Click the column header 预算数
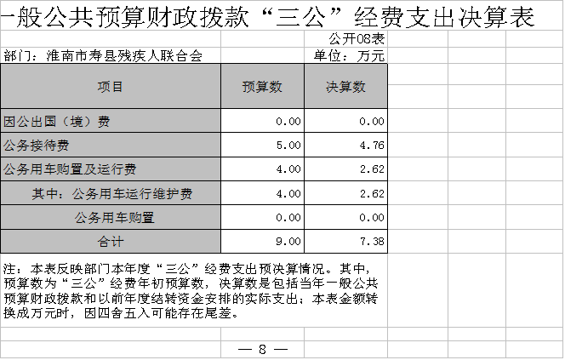[262, 87]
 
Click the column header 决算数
[345, 87]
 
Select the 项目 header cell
[111, 87]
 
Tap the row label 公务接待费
[37, 146]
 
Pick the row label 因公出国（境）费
[56, 122]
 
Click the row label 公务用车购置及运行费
[70, 169]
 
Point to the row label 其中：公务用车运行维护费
[112, 193]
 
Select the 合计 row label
[111, 241]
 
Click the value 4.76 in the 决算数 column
[372, 146]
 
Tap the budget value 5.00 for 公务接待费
[288, 146]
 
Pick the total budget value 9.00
[288, 241]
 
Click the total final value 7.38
[372, 241]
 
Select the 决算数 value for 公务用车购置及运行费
[372, 169]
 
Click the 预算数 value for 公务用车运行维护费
[288, 193]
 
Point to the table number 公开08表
[357, 38]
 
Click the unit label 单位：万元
[349, 55]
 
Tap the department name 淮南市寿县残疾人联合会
[124, 55]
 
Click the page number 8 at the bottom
[262, 349]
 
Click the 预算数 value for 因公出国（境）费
[288, 122]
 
